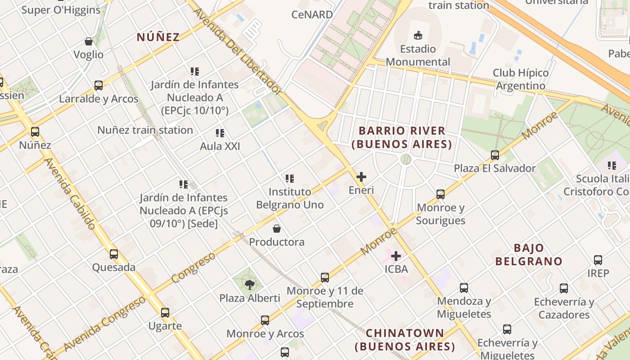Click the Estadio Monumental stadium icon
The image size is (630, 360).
click(418, 35)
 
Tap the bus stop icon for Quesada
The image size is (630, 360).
click(114, 254)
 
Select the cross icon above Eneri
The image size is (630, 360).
click(361, 177)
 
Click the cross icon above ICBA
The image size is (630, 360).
click(396, 256)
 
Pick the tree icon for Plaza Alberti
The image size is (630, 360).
click(249, 284)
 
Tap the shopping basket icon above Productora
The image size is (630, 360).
click(277, 229)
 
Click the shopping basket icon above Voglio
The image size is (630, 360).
click(89, 41)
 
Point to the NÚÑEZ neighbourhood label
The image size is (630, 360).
click(158, 37)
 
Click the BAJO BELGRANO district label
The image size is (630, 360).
click(529, 255)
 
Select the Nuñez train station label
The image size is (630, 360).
click(145, 130)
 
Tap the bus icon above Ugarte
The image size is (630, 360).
click(165, 313)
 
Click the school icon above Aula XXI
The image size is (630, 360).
click(220, 133)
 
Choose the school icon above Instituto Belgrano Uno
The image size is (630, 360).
click(290, 179)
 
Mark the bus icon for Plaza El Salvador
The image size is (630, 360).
click(495, 155)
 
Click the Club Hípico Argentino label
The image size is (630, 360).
click(521, 79)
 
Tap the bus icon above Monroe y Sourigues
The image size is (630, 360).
click(441, 194)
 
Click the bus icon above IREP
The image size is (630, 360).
click(598, 260)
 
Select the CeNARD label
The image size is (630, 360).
click(312, 14)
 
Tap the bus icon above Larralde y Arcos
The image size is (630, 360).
click(99, 85)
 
